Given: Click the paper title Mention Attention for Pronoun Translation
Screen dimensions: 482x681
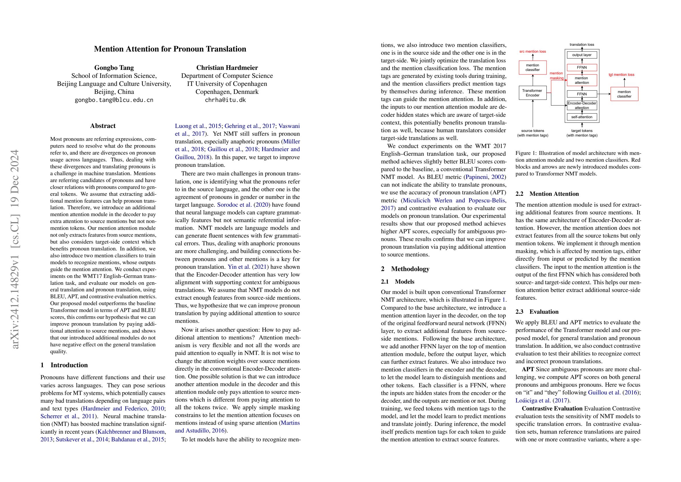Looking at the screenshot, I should pyautogui.click(x=170, y=49).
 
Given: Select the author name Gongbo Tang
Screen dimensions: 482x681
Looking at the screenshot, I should pyautogui.click(x=114, y=68).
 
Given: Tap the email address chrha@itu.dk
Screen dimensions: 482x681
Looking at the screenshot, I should pyautogui.click(x=225, y=100).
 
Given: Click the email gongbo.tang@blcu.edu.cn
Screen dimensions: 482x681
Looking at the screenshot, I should pyautogui.click(x=114, y=100).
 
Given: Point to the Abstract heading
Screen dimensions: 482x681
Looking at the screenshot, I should pyautogui.click(x=103, y=126).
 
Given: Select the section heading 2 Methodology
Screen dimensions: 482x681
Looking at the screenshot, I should pyautogui.click(x=405, y=269).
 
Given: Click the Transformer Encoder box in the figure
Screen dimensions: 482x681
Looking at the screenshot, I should pyautogui.click(x=532, y=93).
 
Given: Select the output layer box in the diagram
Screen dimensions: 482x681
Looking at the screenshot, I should pyautogui.click(x=582, y=55).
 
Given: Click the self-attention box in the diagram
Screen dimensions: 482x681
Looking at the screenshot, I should pyautogui.click(x=582, y=117).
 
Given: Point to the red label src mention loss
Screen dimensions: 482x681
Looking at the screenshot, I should pyautogui.click(x=532, y=52).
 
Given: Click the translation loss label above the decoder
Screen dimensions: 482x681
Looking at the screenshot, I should pyautogui.click(x=582, y=45).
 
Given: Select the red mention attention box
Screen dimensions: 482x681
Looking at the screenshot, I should pyautogui.click(x=582, y=80).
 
